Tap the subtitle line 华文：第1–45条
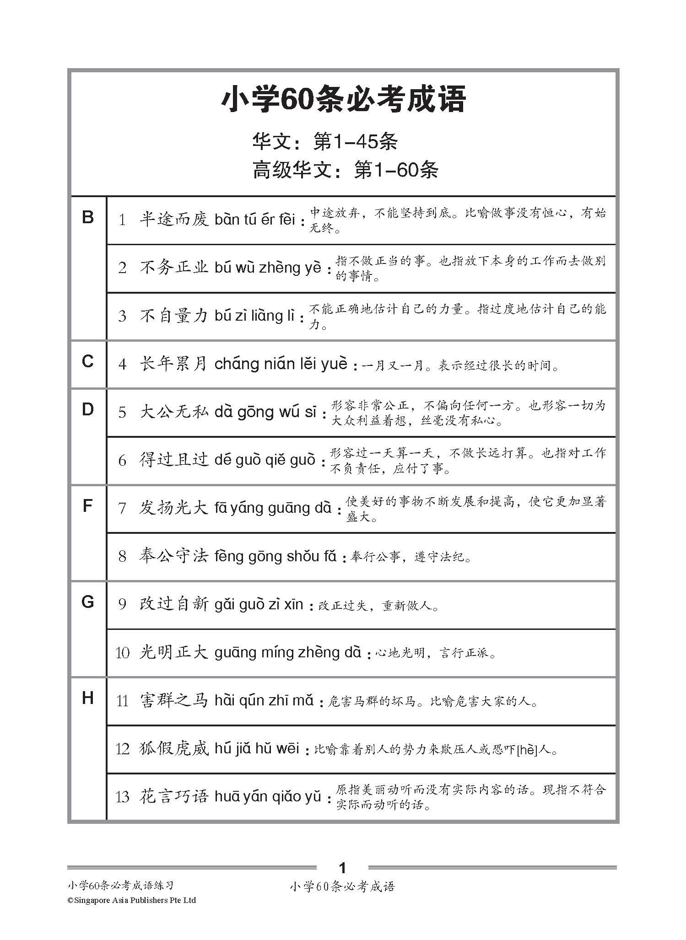pyautogui.click(x=325, y=142)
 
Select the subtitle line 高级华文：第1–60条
pyautogui.click(x=346, y=170)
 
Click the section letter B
pyautogui.click(x=87, y=217)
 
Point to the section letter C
pyautogui.click(x=87, y=361)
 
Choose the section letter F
pyautogui.click(x=87, y=506)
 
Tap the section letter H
pyautogui.click(x=87, y=698)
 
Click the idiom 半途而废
pyautogui.click(x=174, y=220)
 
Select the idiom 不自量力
pyautogui.click(x=174, y=316)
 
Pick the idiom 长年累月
pyautogui.click(x=174, y=364)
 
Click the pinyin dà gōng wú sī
pyautogui.click(x=265, y=412)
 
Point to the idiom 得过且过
pyautogui.click(x=174, y=460)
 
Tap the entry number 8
pyautogui.click(x=122, y=556)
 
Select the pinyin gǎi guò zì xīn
pyautogui.click(x=259, y=604)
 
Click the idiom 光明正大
pyautogui.click(x=174, y=653)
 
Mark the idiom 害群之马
pyautogui.click(x=174, y=701)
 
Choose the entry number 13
pyautogui.click(x=122, y=797)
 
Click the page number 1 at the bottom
pyautogui.click(x=342, y=868)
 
